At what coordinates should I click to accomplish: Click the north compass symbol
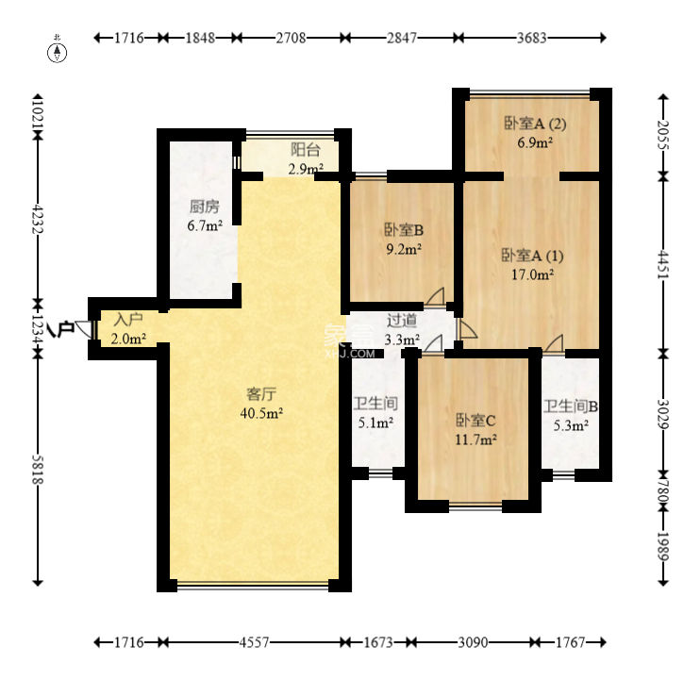point(58,52)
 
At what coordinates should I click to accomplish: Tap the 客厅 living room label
point(261,394)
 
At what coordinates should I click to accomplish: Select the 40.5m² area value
point(261,413)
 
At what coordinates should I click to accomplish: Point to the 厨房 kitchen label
point(205,207)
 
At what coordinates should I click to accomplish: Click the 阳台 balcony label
point(306,149)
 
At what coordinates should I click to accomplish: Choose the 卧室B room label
point(404,230)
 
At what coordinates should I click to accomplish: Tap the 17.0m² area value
point(533,274)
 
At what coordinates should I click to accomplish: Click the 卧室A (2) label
point(535,124)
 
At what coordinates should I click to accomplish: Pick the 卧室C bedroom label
point(475,420)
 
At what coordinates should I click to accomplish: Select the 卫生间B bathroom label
point(571,406)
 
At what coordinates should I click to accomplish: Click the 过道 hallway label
point(402,320)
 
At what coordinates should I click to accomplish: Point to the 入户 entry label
point(128,319)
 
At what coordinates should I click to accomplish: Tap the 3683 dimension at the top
point(532,38)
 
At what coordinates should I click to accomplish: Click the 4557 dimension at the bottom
point(254,642)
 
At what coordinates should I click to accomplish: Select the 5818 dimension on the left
point(38,470)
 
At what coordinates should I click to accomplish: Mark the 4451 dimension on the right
point(664,265)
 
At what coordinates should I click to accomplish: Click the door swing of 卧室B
point(434,296)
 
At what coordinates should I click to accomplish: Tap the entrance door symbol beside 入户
point(85,329)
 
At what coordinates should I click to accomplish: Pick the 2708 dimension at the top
point(291,38)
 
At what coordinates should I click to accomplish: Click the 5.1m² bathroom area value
point(375,423)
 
